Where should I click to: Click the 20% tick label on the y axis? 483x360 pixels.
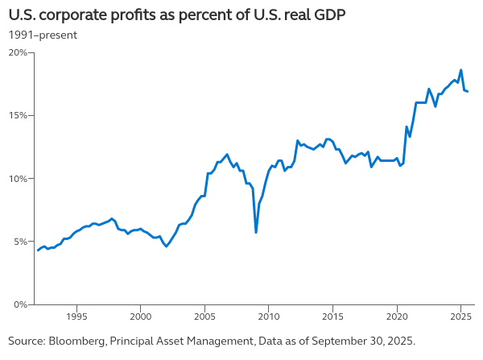[18, 52]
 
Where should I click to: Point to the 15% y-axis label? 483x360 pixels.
[18, 115]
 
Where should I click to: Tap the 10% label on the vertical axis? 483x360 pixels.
[18, 178]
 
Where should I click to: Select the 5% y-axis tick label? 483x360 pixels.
[19, 242]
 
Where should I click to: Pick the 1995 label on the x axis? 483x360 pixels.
[76, 316]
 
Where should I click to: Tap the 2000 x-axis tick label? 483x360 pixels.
[141, 316]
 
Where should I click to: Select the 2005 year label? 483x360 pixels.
[204, 316]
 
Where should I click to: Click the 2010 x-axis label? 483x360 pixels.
[269, 316]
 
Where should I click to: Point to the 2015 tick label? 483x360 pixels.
[332, 316]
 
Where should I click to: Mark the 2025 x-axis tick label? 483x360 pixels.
[460, 316]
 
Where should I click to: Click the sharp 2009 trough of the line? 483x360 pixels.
[256, 233]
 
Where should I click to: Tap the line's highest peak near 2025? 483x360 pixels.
[460, 70]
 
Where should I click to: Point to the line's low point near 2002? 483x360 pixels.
[167, 246]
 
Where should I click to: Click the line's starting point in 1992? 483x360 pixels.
[38, 250]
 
